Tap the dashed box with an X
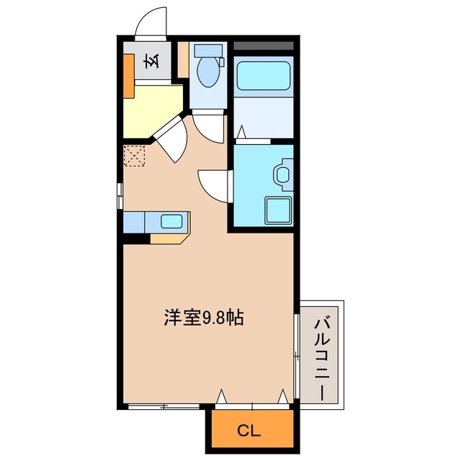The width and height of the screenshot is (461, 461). [x=134, y=156]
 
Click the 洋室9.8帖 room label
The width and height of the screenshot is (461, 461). [x=202, y=318]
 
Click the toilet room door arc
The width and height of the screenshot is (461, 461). [x=210, y=127]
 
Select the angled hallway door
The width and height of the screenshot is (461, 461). [x=171, y=139]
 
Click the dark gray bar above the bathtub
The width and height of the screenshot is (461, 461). [x=264, y=45]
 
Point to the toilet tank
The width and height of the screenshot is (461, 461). [x=208, y=52]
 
